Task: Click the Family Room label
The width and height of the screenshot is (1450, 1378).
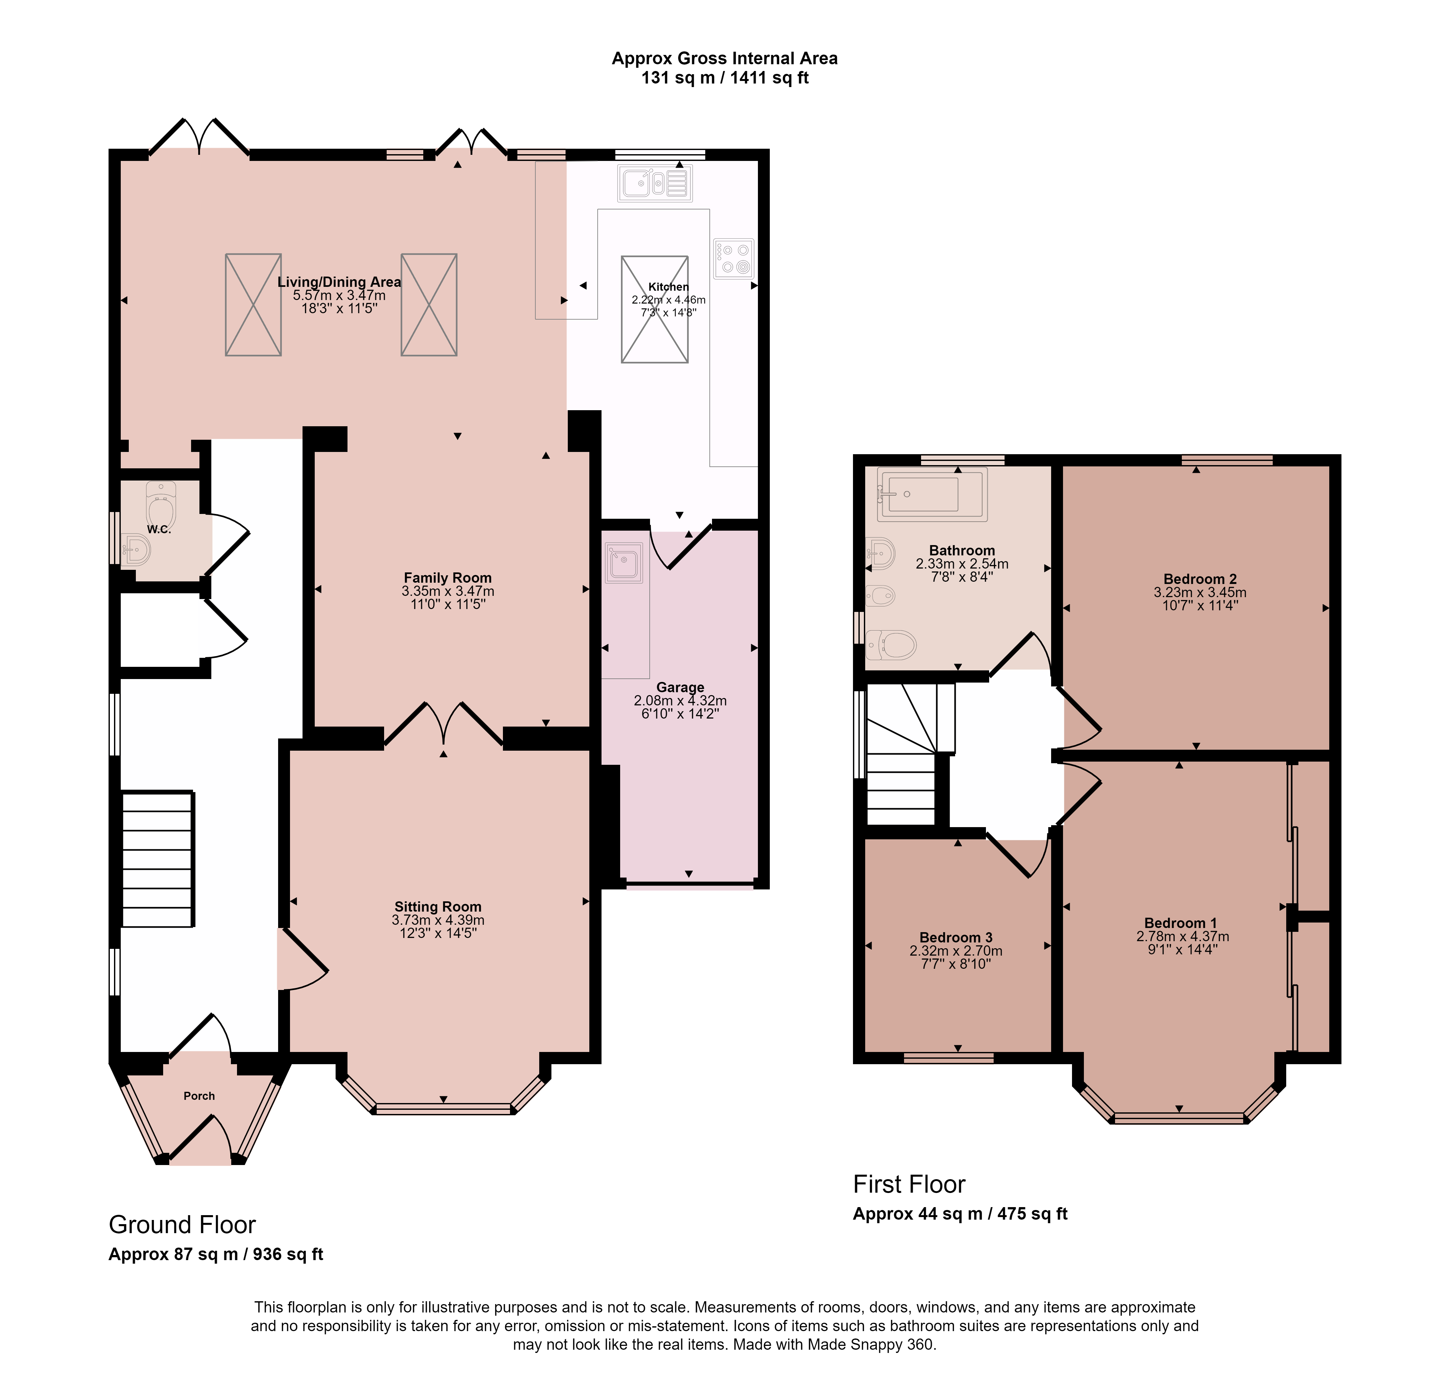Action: [447, 578]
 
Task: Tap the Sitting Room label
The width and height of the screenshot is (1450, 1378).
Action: [438, 907]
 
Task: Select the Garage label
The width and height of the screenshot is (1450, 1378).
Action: [680, 687]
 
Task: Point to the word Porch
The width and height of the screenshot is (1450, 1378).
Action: [199, 1096]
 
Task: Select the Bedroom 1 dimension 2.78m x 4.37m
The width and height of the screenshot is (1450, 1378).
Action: [1182, 937]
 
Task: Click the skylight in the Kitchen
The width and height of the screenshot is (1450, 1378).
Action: [655, 309]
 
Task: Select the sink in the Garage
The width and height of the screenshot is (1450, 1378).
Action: [624, 563]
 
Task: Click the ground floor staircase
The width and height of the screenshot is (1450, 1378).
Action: [157, 859]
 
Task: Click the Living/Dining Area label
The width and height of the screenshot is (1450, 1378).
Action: [339, 282]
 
